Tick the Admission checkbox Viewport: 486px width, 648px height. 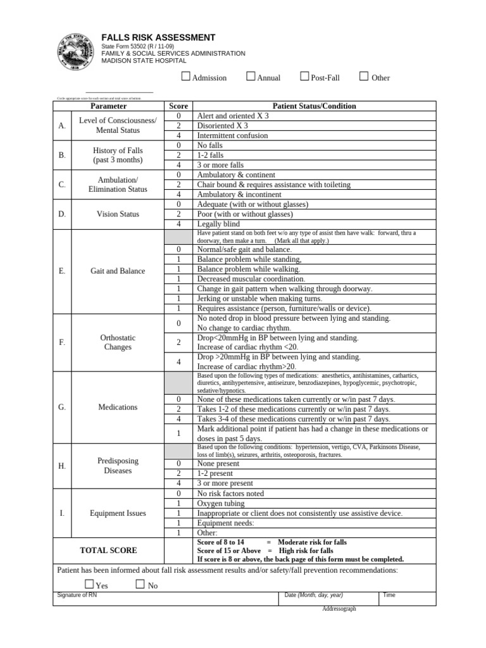pyautogui.click(x=185, y=77)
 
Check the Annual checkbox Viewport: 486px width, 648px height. pyautogui.click(x=251, y=77)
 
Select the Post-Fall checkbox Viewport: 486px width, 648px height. pyautogui.click(x=305, y=77)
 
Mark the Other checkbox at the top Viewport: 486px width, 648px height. pyautogui.click(x=364, y=77)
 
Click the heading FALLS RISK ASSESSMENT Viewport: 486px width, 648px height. pyautogui.click(x=158, y=38)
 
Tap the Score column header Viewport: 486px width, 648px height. pyautogui.click(x=178, y=106)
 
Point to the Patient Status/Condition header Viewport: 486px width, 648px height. pyautogui.click(x=314, y=106)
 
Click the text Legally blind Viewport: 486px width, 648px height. pyautogui.click(x=218, y=224)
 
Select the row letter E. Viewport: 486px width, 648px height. pyautogui.click(x=62, y=271)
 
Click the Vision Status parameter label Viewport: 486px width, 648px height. pyautogui.click(x=118, y=214)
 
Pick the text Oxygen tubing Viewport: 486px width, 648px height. pyautogui.click(x=221, y=503)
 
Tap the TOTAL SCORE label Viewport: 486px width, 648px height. pyautogui.click(x=108, y=551)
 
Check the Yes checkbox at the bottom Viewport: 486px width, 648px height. pyautogui.click(x=89, y=585)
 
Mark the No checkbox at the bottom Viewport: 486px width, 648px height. pyautogui.click(x=140, y=585)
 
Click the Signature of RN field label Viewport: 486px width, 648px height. pyautogui.click(x=77, y=595)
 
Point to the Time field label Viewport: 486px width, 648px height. pyautogui.click(x=389, y=595)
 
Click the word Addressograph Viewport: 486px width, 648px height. pyautogui.click(x=339, y=609)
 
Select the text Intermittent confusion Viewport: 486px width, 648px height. pyautogui.click(x=232, y=135)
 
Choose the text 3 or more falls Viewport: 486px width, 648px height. pyautogui.click(x=220, y=165)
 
